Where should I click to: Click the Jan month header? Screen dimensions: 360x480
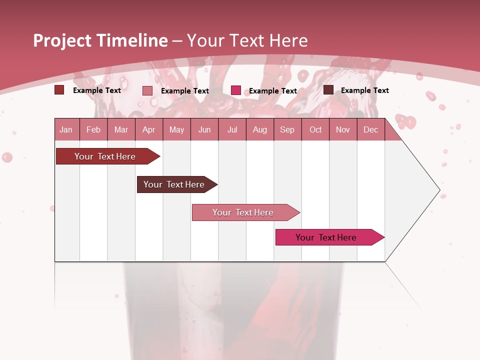coord(66,129)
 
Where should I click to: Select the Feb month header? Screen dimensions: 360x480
coord(93,129)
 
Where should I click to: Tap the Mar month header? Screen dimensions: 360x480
coord(121,129)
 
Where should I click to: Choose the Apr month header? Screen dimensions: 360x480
coord(149,129)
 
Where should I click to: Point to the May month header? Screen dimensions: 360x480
coord(176,129)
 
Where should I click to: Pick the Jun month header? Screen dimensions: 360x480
coord(204,129)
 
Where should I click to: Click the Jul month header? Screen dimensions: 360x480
coord(232,129)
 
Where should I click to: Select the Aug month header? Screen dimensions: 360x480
coord(260,129)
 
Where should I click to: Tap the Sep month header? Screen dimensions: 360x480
coord(287,129)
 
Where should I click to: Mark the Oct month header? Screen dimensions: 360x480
coord(315,129)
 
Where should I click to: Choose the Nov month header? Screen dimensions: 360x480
coord(343,129)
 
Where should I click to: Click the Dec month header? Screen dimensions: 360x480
coord(371,129)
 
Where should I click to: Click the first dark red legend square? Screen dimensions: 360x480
coord(59,90)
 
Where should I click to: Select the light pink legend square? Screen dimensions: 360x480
coord(147,90)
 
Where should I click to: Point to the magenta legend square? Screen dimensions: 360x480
coord(236,90)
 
